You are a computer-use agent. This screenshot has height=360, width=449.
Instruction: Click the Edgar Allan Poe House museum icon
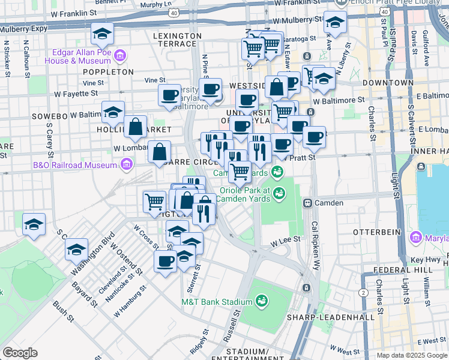click(x=120, y=56)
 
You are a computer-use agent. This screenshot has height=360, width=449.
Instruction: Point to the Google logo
click(x=20, y=353)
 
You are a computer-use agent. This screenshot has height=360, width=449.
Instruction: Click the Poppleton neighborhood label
click(x=109, y=71)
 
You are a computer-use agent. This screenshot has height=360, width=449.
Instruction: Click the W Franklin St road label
click(x=74, y=13)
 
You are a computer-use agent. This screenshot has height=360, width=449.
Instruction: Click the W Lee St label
click(x=285, y=240)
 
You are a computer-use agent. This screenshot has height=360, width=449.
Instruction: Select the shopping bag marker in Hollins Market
click(x=136, y=126)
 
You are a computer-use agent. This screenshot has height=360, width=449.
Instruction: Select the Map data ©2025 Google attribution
click(x=411, y=355)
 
